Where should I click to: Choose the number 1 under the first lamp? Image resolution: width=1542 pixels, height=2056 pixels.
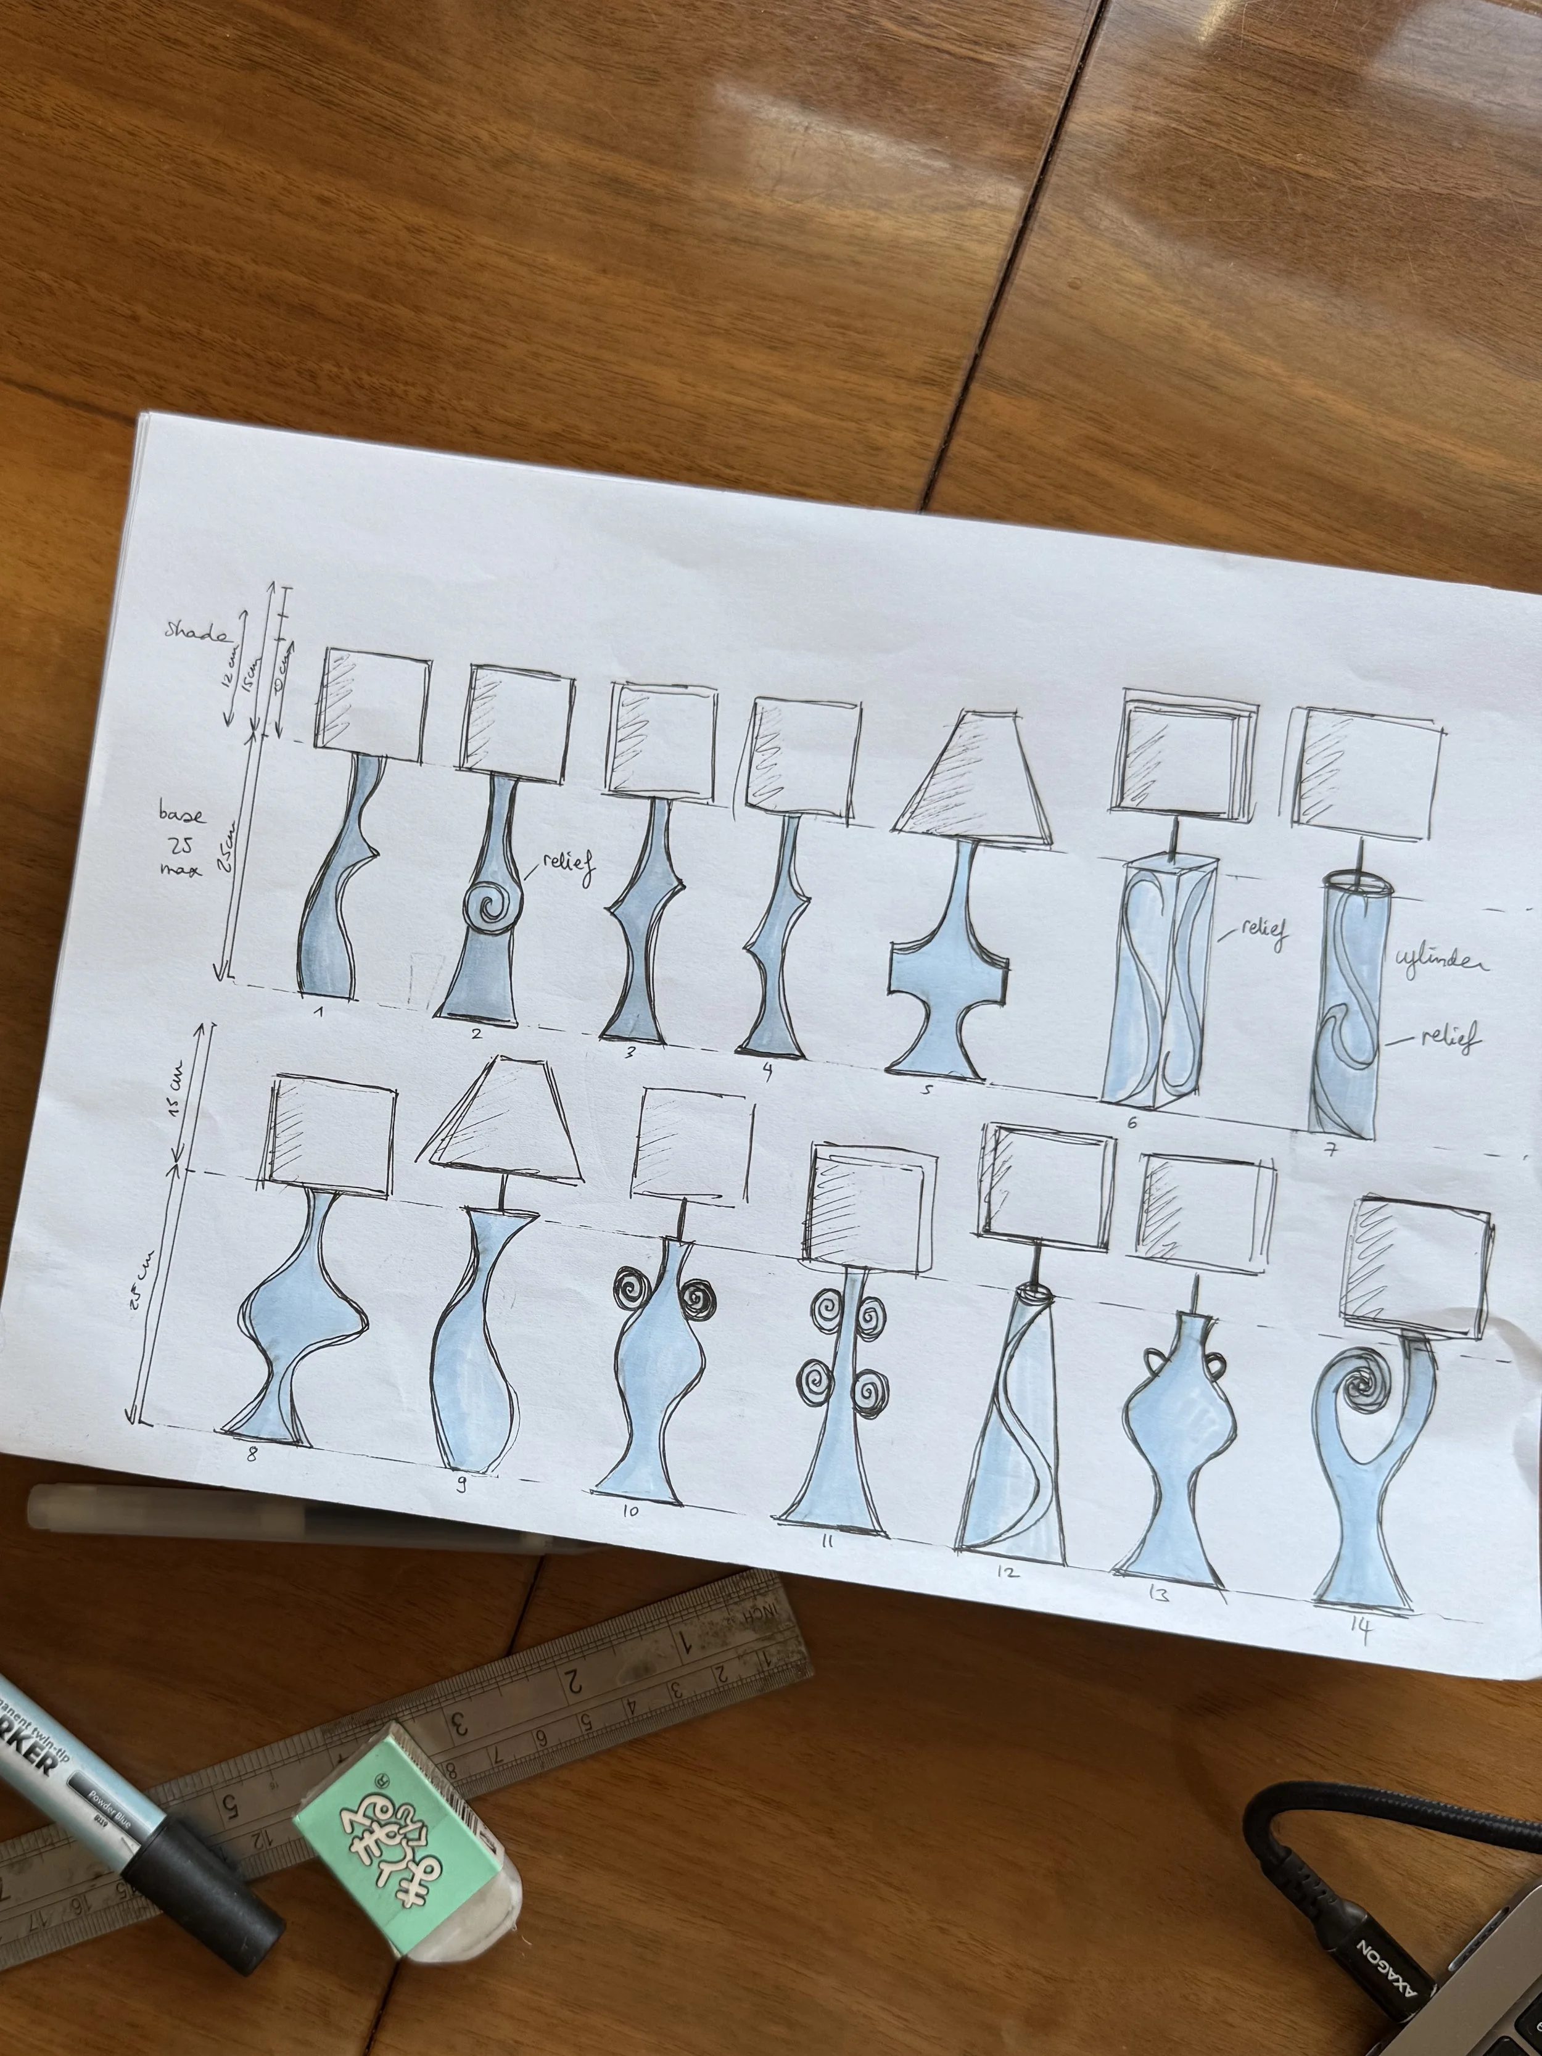(319, 1010)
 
